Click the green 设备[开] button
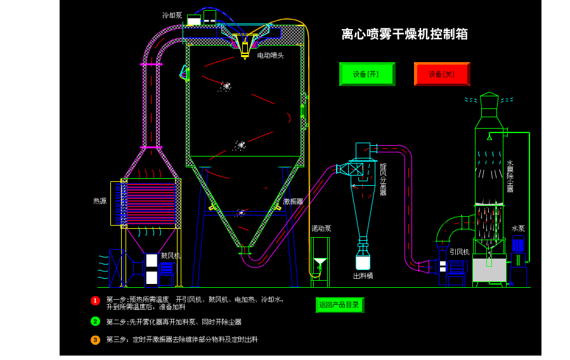coord(366,74)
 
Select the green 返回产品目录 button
coord(339,305)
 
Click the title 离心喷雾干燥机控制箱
coord(405,34)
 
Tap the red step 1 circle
coord(95,300)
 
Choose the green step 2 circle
coord(95,321)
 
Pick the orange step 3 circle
coord(95,340)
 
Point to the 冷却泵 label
coord(172,15)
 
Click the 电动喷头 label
coord(270,56)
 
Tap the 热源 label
coord(100,201)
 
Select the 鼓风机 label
coord(171,255)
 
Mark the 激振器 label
coord(293,202)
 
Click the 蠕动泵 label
coord(321,228)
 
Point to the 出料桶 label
coord(363,276)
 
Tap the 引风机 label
coord(459,252)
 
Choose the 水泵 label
coord(518,228)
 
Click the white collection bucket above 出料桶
coord(363,262)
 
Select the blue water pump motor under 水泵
coord(518,245)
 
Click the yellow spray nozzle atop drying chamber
coord(245,49)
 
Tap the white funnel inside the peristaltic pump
coord(320,262)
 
